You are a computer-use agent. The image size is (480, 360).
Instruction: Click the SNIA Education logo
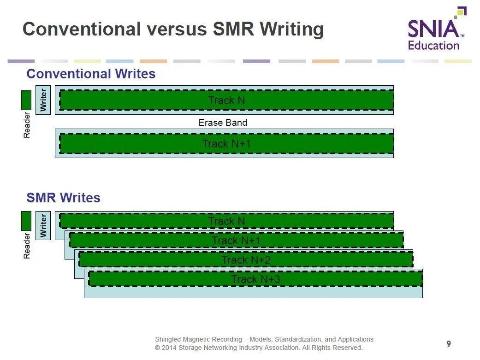click(x=436, y=30)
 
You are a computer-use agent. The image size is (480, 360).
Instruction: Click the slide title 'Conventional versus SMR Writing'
click(x=173, y=29)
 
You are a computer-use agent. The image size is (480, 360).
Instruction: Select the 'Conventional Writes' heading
click(x=91, y=74)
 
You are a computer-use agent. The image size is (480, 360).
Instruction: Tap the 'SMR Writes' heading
click(x=63, y=198)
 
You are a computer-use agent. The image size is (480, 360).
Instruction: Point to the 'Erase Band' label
click(x=223, y=123)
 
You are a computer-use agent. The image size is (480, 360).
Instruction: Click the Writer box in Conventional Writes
click(x=43, y=100)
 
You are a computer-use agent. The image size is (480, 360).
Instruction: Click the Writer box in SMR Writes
click(x=43, y=225)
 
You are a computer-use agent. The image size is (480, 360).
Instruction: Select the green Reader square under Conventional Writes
click(x=26, y=100)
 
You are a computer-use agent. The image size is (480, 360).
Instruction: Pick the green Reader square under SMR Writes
click(x=26, y=221)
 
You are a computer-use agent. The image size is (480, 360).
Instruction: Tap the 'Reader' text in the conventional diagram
click(x=27, y=125)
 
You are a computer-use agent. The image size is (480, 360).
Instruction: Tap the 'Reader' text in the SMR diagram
click(x=27, y=246)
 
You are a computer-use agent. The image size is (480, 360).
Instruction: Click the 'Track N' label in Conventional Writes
click(x=226, y=100)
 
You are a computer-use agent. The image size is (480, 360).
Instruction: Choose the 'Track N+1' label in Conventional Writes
click(x=226, y=144)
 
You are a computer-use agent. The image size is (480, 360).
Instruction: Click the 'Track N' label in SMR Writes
click(x=226, y=221)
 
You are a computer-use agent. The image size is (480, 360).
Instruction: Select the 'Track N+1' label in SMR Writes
click(x=236, y=241)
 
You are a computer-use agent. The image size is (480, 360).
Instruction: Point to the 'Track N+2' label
click(x=246, y=260)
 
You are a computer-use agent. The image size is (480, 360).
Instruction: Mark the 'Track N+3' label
click(x=255, y=279)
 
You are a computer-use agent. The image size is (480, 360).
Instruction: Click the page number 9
click(x=449, y=344)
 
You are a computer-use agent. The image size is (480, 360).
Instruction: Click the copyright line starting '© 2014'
click(x=259, y=348)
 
